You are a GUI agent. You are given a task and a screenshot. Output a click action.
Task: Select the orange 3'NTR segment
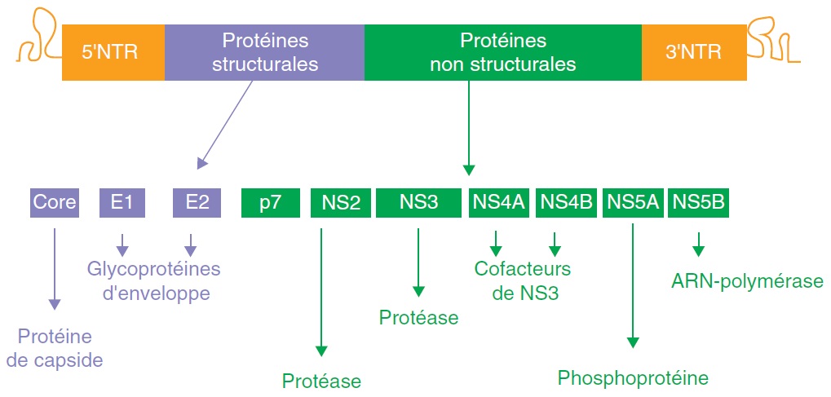(693, 52)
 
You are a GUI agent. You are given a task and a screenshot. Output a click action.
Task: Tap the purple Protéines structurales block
(264, 52)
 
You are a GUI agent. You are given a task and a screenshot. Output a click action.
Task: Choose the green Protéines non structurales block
(502, 52)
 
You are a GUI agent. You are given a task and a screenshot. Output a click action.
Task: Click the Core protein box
(55, 203)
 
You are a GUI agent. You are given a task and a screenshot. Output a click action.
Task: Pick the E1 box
(122, 203)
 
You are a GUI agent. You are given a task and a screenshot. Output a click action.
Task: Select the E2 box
(197, 203)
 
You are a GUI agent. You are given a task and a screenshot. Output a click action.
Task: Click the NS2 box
(340, 203)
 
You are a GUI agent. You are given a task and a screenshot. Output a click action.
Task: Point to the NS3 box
(418, 203)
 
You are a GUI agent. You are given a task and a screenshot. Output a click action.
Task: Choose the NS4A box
(497, 203)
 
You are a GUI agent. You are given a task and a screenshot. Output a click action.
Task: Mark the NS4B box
(566, 203)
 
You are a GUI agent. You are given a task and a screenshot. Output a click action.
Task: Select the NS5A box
(631, 203)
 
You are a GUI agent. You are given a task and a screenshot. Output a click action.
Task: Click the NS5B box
(698, 203)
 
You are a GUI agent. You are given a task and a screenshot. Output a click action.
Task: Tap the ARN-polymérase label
(747, 282)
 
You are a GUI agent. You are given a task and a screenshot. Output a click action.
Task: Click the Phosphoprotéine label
(633, 378)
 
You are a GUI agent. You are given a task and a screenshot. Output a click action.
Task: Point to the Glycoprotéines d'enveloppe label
(154, 280)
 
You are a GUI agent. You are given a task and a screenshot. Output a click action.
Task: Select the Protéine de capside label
(55, 347)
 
